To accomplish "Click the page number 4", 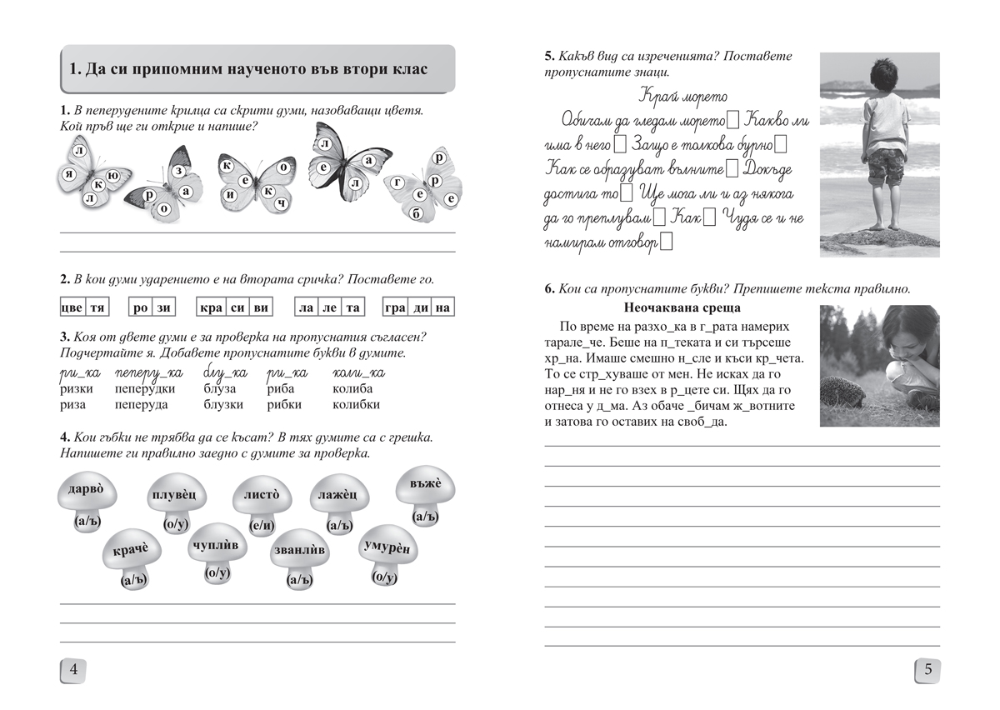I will [x=73, y=669].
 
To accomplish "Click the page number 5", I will [x=927, y=669].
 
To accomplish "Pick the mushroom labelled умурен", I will [x=388, y=551].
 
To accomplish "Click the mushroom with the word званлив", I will [x=299, y=553].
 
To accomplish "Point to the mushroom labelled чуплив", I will [x=215, y=547].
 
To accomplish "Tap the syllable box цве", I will [x=72, y=307].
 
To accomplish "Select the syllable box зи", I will [x=163, y=307].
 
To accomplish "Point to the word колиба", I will [x=352, y=388].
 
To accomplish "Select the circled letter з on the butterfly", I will [x=177, y=170].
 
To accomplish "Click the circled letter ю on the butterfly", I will [x=113, y=175].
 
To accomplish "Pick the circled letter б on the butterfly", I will [x=417, y=212].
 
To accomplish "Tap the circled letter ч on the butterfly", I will [x=282, y=203].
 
